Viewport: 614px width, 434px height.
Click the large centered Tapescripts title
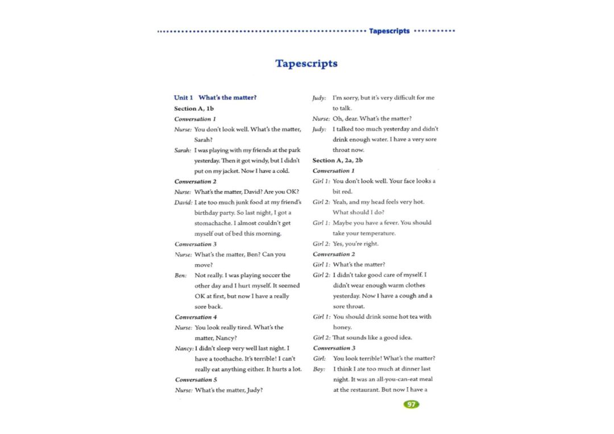click(306, 63)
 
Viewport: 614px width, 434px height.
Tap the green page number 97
click(411, 404)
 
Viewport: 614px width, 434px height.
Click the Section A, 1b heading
click(194, 108)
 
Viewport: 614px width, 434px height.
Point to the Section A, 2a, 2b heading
click(338, 160)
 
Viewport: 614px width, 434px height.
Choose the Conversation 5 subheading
click(196, 379)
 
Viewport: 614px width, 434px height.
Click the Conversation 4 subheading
click(196, 317)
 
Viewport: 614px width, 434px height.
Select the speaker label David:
click(182, 202)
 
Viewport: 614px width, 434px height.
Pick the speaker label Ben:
click(180, 276)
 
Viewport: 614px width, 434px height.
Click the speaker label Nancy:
click(184, 348)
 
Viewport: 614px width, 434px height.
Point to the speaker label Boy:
click(318, 369)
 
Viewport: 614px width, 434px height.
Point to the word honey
click(342, 327)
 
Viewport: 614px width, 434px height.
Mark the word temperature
click(374, 233)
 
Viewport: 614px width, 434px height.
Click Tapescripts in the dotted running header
click(389, 31)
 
